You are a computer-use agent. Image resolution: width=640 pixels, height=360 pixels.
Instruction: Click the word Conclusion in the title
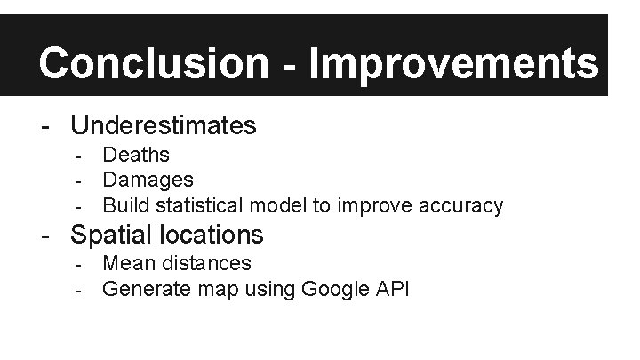click(152, 63)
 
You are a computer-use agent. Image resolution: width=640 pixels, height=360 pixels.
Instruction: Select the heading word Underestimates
click(164, 125)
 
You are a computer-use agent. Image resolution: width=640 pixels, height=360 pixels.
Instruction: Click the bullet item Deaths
click(136, 155)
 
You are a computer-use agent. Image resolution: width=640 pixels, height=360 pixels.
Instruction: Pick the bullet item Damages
click(148, 180)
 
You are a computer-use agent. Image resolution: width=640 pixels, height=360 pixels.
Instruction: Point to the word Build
click(125, 206)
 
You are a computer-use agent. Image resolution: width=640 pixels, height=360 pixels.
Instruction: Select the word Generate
click(142, 289)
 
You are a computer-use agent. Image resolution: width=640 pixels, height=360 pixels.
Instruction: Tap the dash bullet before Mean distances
click(79, 264)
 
